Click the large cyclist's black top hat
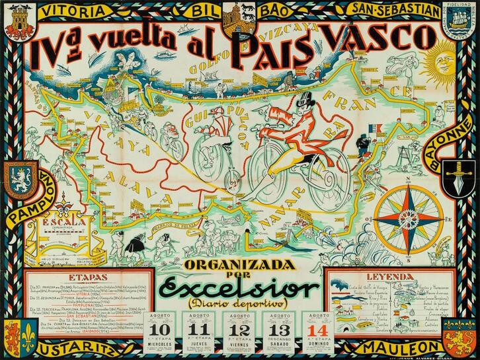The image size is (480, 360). click(x=303, y=104)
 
